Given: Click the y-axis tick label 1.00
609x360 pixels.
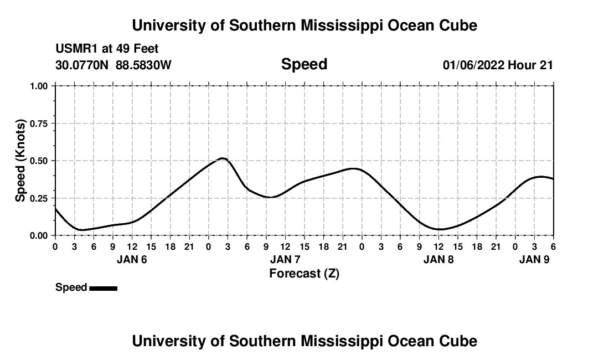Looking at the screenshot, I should (x=40, y=86).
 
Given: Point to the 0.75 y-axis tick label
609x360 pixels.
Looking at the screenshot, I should (x=40, y=124).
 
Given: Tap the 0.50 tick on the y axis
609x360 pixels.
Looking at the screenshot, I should (x=40, y=161).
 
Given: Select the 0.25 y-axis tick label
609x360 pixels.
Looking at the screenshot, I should (x=40, y=198).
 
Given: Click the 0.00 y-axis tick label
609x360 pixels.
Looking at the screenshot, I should (x=40, y=235).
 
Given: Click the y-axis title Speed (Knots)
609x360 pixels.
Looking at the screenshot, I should (x=20, y=161).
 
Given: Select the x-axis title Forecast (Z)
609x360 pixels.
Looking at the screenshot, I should (x=304, y=274).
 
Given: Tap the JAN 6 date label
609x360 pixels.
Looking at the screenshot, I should (x=132, y=259).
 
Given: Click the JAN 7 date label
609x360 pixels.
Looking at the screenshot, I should (x=285, y=259).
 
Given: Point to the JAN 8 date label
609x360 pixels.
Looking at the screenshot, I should (x=438, y=259).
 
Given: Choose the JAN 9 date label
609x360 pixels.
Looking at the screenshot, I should (x=534, y=259).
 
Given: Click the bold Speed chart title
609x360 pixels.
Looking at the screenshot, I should (x=304, y=64).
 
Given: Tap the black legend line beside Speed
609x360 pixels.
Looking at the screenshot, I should (x=103, y=288).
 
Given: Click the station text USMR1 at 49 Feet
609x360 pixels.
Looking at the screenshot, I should (x=107, y=49).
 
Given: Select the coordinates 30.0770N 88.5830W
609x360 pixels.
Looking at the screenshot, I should (x=113, y=65).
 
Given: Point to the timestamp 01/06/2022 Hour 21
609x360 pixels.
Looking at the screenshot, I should (x=498, y=65).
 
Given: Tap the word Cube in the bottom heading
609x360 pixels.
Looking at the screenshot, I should (x=458, y=341).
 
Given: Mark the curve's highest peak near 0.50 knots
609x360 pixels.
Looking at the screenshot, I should (x=223, y=158).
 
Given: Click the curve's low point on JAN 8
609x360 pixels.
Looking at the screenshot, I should (x=439, y=229).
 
